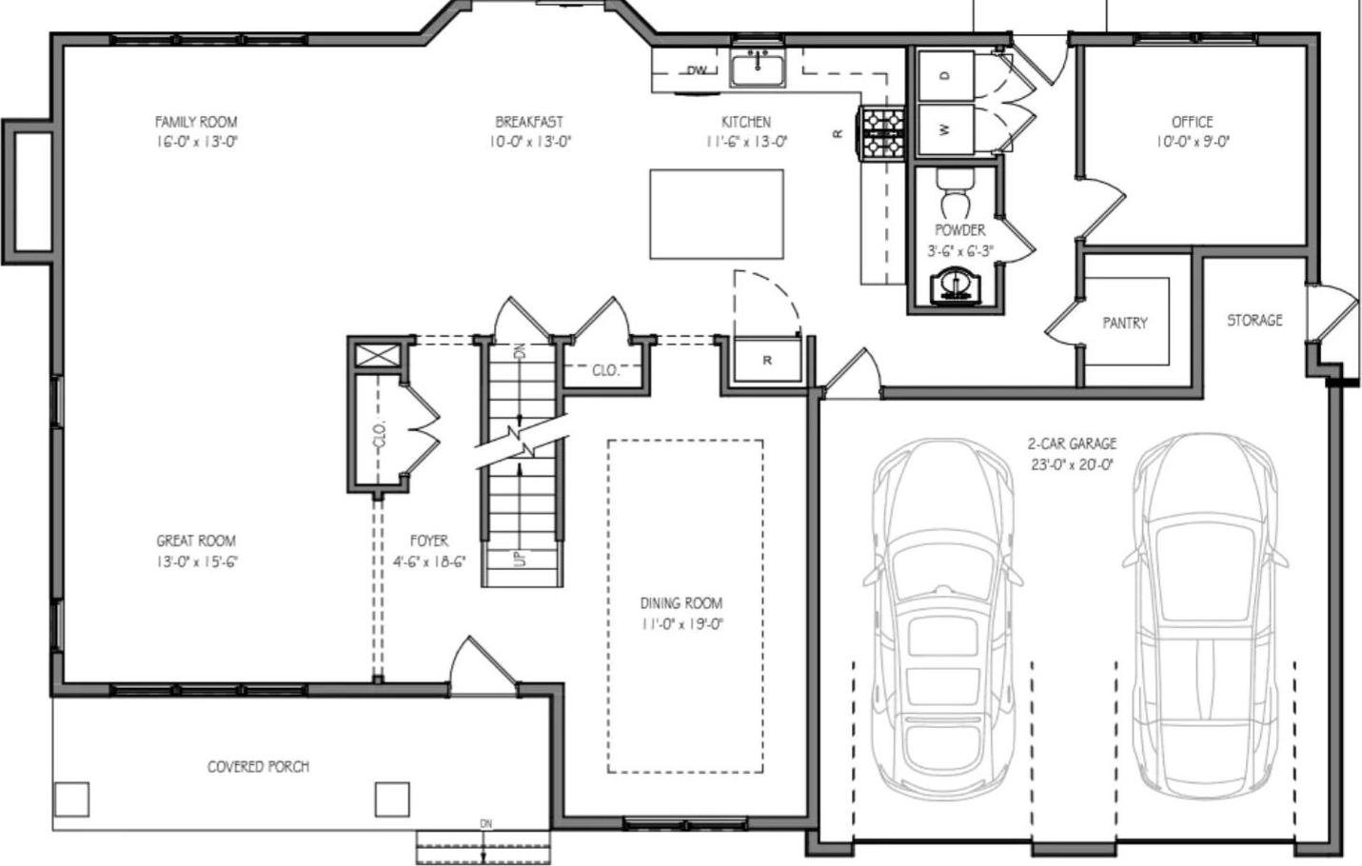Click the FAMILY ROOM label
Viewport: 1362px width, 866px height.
196,122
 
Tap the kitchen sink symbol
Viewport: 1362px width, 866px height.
758,69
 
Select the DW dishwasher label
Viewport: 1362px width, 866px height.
698,70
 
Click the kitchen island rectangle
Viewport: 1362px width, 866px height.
717,214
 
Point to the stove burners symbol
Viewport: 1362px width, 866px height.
880,132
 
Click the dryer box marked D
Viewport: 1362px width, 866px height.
944,76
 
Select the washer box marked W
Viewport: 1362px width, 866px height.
944,129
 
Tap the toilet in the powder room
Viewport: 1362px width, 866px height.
952,194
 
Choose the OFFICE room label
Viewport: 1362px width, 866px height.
1192,122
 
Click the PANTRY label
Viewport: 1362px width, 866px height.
1125,324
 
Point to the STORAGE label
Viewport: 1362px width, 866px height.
1254,321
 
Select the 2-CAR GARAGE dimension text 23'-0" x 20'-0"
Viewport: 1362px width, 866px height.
1072,465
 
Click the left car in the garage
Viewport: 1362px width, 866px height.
942,619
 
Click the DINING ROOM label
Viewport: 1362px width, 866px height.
681,603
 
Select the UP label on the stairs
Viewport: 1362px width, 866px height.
520,558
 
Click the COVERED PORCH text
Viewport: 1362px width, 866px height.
258,766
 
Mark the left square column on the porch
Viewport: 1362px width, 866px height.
71,799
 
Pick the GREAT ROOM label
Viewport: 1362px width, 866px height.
196,541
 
